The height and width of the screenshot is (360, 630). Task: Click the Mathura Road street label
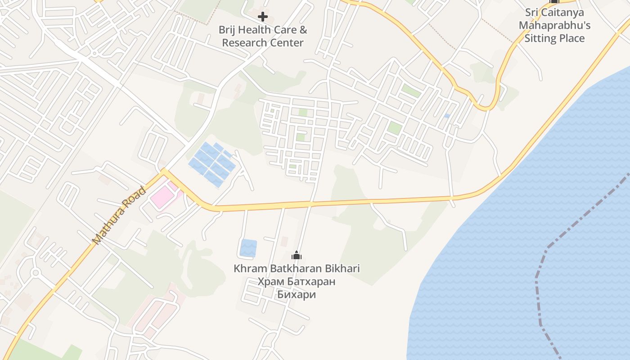[x=119, y=216]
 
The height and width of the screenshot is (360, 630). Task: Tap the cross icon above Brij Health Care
[x=263, y=17]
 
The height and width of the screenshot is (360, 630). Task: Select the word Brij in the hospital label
[x=227, y=30]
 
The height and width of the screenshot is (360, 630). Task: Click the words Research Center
[x=263, y=43]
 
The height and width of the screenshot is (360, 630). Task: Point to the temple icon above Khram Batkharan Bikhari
[x=297, y=256]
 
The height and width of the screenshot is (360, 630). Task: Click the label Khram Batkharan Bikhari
[x=297, y=269]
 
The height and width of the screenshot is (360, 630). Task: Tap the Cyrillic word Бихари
[x=297, y=295]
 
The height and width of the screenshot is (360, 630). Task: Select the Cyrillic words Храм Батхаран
[x=297, y=282]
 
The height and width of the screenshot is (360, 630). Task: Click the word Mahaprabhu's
[x=554, y=25]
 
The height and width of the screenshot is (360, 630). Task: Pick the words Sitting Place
[x=554, y=38]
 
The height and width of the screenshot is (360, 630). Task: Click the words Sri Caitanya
[x=554, y=12]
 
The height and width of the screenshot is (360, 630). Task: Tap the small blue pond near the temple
[x=248, y=248]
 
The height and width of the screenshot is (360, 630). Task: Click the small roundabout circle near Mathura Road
[x=35, y=272]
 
